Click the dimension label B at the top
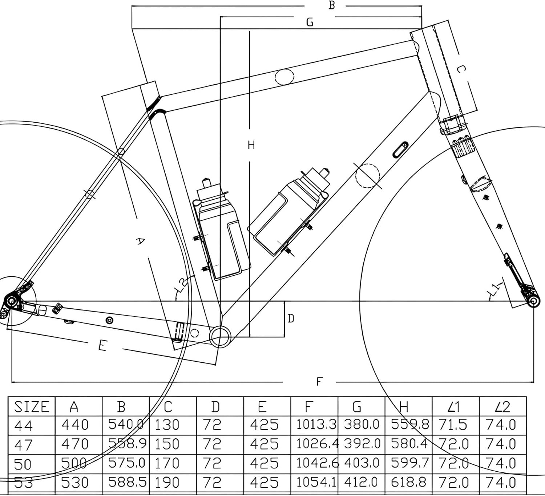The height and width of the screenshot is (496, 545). tap(331, 5)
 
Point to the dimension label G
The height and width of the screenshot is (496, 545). tap(310, 22)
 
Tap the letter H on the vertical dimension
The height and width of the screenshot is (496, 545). tap(251, 145)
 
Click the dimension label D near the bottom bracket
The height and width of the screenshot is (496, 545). tap(291, 318)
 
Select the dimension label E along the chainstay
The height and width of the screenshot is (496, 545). tap(102, 345)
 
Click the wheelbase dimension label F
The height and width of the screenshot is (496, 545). tap(319, 382)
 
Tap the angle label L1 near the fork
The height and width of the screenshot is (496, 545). tap(494, 289)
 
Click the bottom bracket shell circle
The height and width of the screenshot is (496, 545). tap(220, 336)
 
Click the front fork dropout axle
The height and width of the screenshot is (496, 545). tap(533, 301)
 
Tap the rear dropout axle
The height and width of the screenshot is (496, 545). tap(11, 301)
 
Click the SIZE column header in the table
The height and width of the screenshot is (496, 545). tap(31, 407)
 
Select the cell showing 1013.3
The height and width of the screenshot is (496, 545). tap(315, 424)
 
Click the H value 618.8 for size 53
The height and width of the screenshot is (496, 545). tap(408, 482)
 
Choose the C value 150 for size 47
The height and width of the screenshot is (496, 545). tap(167, 444)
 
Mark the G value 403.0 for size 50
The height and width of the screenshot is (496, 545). tap(361, 463)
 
